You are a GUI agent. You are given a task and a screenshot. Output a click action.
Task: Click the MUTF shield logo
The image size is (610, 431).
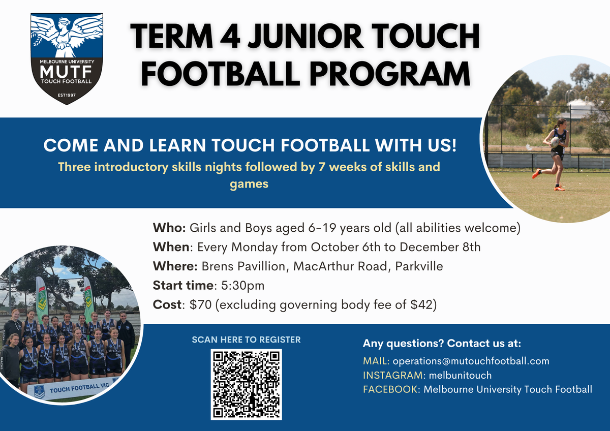pos(67,58)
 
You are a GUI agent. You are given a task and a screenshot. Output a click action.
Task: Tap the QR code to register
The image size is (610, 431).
pos(246,384)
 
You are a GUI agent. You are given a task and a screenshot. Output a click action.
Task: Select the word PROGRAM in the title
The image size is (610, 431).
pos(390,74)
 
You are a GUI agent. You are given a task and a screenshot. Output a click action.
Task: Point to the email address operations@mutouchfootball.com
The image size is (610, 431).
pos(471,361)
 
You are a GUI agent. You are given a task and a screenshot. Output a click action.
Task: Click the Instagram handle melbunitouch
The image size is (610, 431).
pos(460,375)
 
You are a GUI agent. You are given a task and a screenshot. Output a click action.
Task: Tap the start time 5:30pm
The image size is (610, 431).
pos(242,286)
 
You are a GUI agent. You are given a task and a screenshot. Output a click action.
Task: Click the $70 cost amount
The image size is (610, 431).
pos(200,304)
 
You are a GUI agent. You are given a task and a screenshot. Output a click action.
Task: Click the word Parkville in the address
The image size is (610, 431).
pos(419,266)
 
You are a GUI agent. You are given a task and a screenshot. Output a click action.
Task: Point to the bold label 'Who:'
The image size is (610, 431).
pos(169,228)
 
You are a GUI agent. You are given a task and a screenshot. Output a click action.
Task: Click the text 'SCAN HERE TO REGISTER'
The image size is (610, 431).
pos(246,340)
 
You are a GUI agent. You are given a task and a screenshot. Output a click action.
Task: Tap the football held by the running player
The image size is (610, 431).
pos(555,142)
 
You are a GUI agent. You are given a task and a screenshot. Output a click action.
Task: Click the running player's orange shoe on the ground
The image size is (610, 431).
pos(559,188)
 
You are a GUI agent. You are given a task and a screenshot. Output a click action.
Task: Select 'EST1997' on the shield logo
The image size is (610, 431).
pos(67,95)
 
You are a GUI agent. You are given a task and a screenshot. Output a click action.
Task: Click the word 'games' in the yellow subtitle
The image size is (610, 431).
pos(249,184)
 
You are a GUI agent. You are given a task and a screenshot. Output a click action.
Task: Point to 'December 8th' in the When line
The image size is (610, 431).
pos(440,247)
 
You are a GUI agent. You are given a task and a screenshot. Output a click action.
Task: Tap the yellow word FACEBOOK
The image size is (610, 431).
pos(390,389)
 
